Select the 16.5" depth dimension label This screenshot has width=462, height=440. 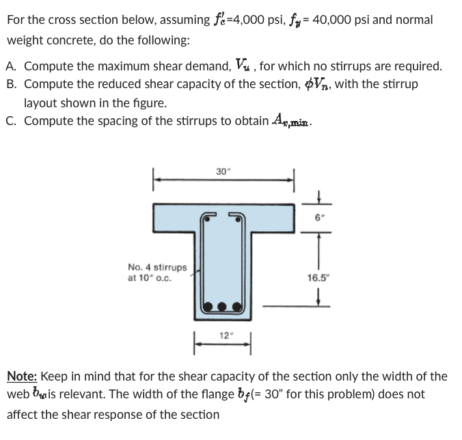pyautogui.click(x=318, y=278)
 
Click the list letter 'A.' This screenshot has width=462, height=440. pyautogui.click(x=12, y=67)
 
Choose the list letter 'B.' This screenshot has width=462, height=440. pyautogui.click(x=12, y=85)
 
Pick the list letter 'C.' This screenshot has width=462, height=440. pyautogui.click(x=12, y=121)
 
